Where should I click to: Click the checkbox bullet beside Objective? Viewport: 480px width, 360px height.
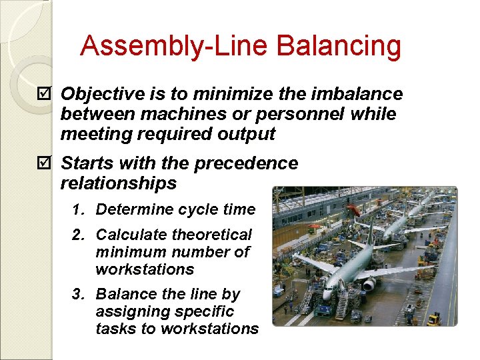click(x=45, y=94)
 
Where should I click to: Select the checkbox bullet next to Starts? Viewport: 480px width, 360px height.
click(x=45, y=163)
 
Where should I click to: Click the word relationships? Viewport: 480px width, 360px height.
click(x=118, y=183)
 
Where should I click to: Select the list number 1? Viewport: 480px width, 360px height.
click(x=78, y=210)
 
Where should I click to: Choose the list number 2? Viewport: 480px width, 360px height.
click(x=78, y=235)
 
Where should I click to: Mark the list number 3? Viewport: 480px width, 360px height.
click(x=78, y=294)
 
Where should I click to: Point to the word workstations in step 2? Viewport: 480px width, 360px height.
click(x=145, y=269)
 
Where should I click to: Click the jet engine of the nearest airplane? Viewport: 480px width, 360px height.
click(x=368, y=284)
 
